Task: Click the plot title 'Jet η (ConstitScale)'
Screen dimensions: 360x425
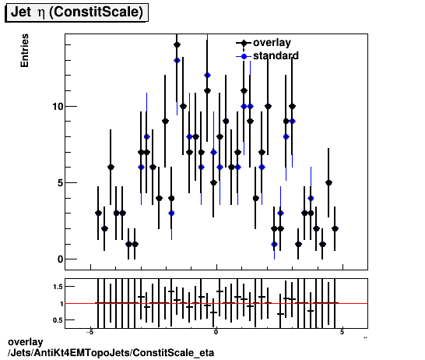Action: (76, 13)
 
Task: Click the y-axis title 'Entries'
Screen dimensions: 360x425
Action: (25, 51)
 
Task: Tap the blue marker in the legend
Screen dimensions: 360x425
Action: (244, 56)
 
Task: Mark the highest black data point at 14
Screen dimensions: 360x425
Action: (177, 44)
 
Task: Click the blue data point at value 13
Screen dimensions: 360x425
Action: (177, 60)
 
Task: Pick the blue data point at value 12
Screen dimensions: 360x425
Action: (207, 75)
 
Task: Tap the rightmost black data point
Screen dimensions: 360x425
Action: (335, 228)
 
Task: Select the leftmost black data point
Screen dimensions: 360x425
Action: (98, 213)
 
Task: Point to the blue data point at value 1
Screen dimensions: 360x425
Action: (274, 244)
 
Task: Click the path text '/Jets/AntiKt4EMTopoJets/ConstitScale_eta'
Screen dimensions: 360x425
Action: (110, 353)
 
